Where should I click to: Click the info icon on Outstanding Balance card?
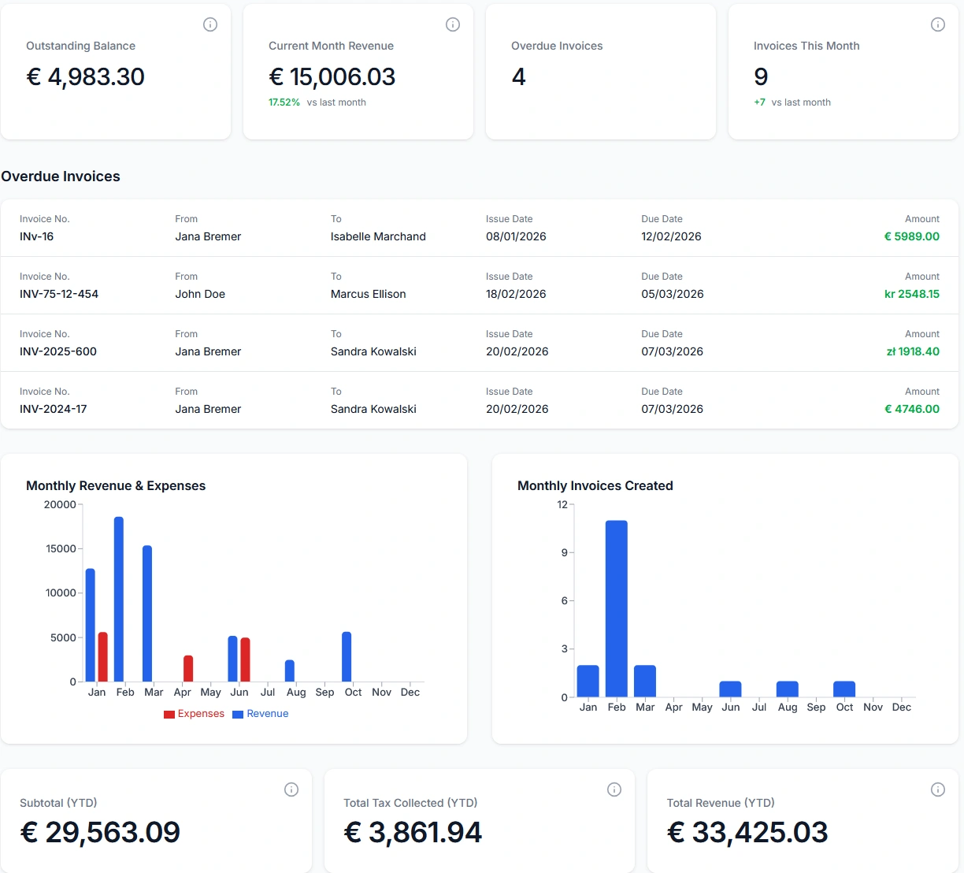pyautogui.click(x=210, y=24)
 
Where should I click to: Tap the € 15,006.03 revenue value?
pyautogui.click(x=332, y=76)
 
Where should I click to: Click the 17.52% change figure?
pyautogui.click(x=284, y=102)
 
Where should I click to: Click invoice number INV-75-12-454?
pyautogui.click(x=59, y=294)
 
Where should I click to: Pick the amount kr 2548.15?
pyautogui.click(x=911, y=294)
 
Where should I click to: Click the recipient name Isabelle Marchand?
pyautogui.click(x=378, y=236)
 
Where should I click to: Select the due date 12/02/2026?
pyautogui.click(x=671, y=236)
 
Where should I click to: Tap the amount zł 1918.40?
pyautogui.click(x=913, y=351)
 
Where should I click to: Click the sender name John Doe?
pyautogui.click(x=200, y=294)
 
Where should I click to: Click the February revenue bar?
pyautogui.click(x=119, y=599)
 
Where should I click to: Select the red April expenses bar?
pyautogui.click(x=188, y=668)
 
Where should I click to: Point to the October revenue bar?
pyautogui.click(x=347, y=656)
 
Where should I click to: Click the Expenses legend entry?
pyautogui.click(x=194, y=714)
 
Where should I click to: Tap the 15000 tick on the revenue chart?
pyautogui.click(x=61, y=548)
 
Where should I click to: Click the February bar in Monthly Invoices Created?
pyautogui.click(x=617, y=608)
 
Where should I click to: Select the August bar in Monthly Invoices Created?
pyautogui.click(x=788, y=689)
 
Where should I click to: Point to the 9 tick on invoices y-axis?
pyautogui.click(x=564, y=552)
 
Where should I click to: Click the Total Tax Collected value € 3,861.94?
pyautogui.click(x=413, y=832)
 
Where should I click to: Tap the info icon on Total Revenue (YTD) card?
pyautogui.click(x=938, y=789)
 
